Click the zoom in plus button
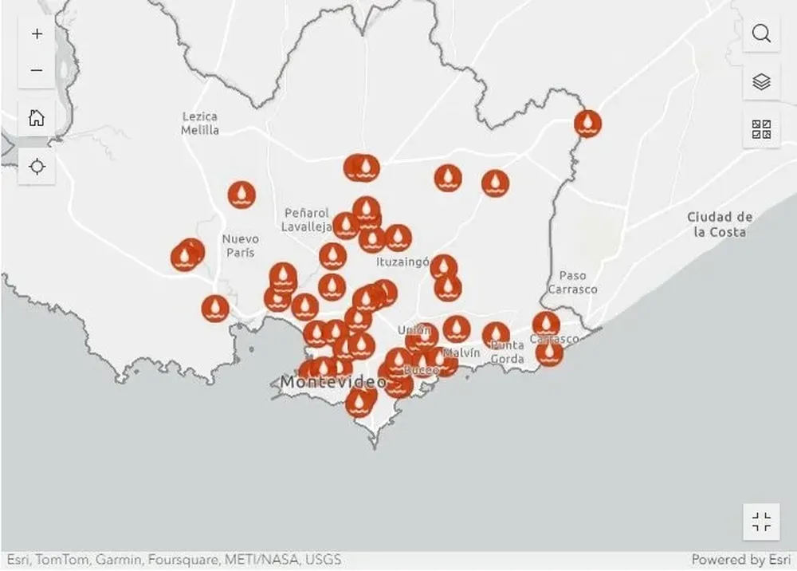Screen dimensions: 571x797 point(37,34)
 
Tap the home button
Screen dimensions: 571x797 point(37,118)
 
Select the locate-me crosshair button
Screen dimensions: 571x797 point(37,166)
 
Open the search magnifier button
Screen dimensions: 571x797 point(761,33)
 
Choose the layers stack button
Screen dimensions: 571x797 point(761,81)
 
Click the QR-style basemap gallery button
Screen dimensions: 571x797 point(761,129)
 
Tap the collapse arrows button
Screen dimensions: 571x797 point(761,522)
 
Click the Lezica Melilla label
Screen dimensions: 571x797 point(199,124)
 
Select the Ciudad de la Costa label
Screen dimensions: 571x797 point(720,224)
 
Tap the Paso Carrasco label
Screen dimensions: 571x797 point(572,282)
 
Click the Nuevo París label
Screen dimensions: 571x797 point(240,246)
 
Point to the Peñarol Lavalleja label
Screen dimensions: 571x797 point(307,220)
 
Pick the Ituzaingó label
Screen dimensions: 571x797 point(402,261)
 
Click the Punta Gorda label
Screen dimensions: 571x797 point(507,352)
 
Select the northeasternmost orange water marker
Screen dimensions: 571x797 point(587,124)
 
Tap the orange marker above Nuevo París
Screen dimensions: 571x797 point(241,195)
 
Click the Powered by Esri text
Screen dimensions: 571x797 point(740,560)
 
